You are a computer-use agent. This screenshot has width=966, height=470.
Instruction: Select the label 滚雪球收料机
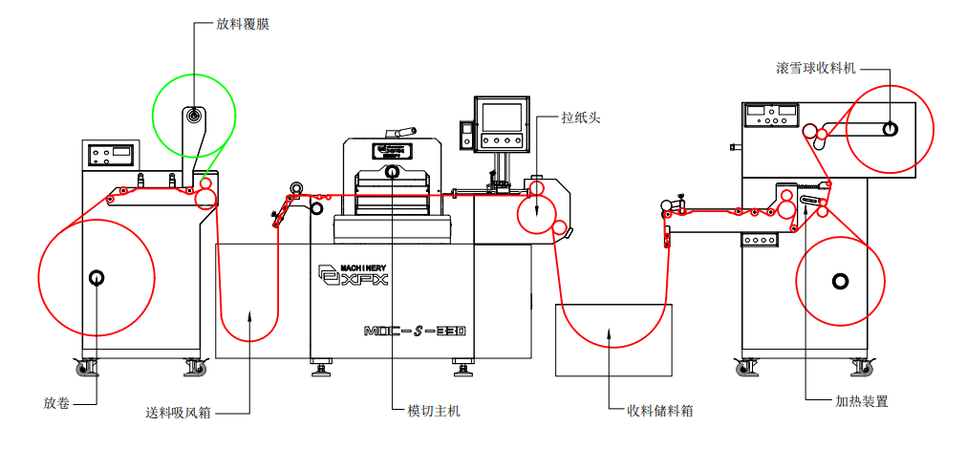816,69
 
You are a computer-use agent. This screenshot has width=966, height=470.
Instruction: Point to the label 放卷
56,402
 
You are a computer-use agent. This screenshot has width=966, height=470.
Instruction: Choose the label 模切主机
434,411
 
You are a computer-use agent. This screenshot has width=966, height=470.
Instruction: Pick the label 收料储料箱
659,411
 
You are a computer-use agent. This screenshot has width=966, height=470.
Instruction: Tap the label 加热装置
862,401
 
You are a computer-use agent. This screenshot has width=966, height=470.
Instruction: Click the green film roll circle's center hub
194,117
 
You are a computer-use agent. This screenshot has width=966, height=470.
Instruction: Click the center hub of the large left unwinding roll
96,278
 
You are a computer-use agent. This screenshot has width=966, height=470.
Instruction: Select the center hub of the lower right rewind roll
840,281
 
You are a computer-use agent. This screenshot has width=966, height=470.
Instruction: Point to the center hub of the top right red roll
889,129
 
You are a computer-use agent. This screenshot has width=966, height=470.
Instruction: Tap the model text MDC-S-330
415,331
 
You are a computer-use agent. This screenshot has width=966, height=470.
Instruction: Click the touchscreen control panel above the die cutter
503,119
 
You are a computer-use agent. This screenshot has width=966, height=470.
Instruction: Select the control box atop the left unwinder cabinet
112,153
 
